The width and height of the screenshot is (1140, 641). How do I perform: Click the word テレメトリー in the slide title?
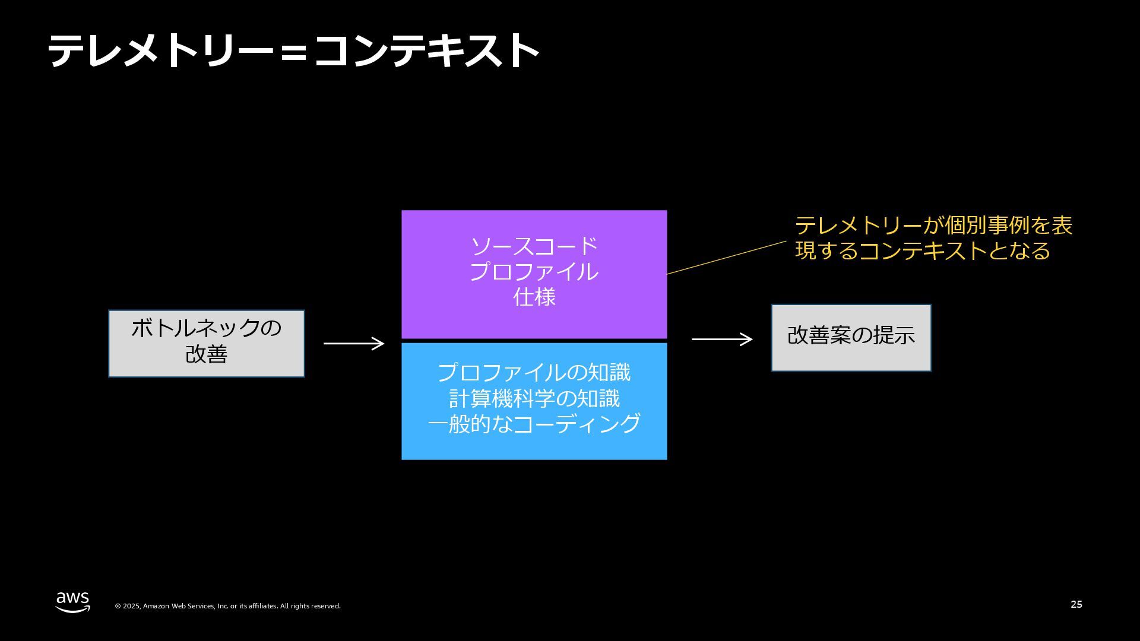point(160,50)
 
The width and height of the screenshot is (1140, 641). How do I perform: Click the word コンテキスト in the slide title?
point(426,50)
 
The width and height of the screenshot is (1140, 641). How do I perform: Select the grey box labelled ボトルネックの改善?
point(206,343)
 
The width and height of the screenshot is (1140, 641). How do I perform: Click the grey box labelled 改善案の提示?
point(851,338)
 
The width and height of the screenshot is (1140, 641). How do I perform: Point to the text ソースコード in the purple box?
point(534,246)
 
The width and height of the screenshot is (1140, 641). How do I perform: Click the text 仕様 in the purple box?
point(534,297)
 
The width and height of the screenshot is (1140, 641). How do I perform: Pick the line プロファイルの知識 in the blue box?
point(534,373)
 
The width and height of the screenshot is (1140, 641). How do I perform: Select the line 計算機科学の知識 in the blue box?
point(534,398)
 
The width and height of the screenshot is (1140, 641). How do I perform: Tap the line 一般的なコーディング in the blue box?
point(534,424)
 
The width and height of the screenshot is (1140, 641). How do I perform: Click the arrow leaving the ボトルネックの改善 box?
point(354,343)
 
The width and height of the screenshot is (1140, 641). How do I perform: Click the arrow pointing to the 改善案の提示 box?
point(722,339)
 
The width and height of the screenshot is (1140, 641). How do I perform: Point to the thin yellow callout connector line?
point(727,258)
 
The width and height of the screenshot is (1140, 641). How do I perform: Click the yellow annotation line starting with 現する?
point(922,251)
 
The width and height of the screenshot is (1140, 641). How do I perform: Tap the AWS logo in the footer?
point(72,602)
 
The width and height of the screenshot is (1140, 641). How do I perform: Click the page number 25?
point(1076,604)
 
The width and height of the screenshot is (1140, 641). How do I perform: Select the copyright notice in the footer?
point(227,606)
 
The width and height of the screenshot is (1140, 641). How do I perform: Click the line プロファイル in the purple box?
point(534,272)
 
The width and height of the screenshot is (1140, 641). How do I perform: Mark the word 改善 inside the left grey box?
point(206,354)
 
